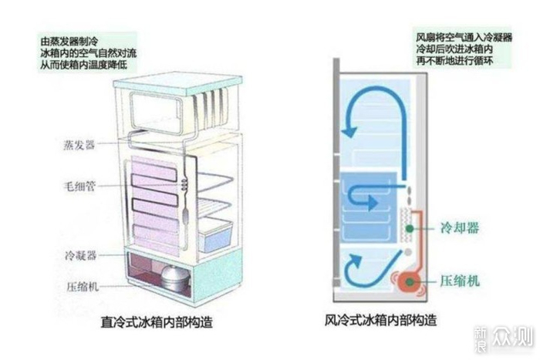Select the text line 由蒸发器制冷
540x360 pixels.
(72, 39)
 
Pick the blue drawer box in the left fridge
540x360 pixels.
(216, 234)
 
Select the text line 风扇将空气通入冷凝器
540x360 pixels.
(462, 37)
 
